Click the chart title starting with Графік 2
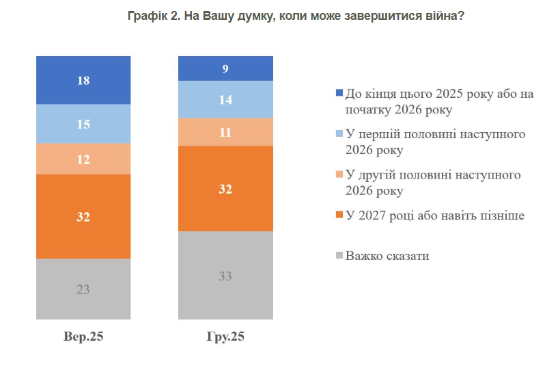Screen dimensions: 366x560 (x=296, y=15)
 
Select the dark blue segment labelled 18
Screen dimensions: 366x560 (x=83, y=80)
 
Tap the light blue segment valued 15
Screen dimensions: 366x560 (x=83, y=124)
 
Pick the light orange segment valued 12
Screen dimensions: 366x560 (x=83, y=159)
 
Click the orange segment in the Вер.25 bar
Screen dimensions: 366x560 (x=83, y=216)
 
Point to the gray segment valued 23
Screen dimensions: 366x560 (x=83, y=289)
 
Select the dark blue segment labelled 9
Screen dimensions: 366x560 (x=225, y=68)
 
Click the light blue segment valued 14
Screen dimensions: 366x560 (x=225, y=99)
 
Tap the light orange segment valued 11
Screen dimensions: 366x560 (x=225, y=131)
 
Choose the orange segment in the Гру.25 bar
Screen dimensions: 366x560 (x=225, y=188)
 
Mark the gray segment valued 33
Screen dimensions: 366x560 (x=225, y=275)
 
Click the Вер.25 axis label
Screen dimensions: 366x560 (x=83, y=337)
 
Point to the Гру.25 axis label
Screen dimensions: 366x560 (x=225, y=337)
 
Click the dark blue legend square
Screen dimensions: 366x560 (x=339, y=94)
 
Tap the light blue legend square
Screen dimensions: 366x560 (x=339, y=134)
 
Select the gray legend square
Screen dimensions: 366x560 (x=339, y=257)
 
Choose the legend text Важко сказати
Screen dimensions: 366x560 (x=387, y=257)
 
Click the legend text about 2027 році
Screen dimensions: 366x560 (x=435, y=216)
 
